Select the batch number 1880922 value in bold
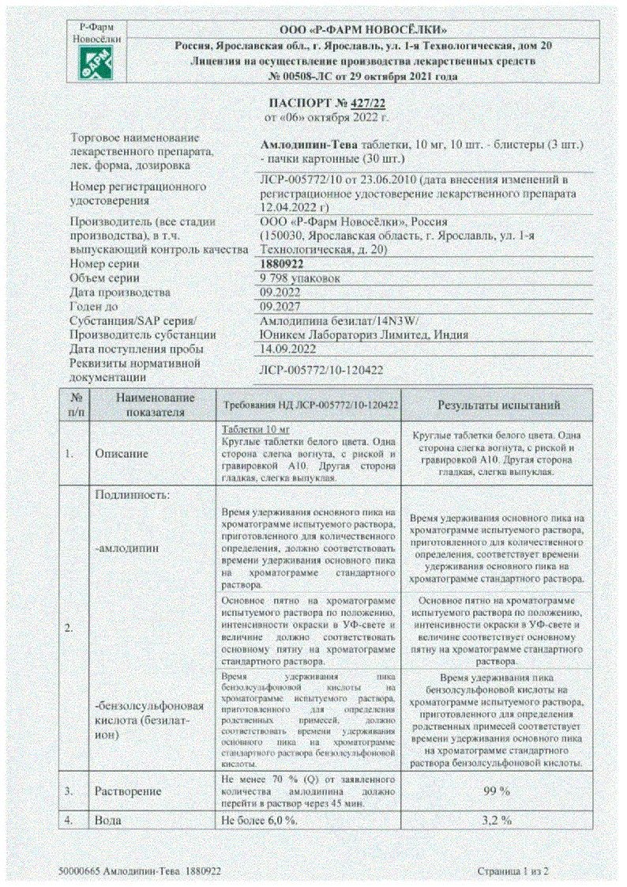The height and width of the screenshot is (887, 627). [x=282, y=264]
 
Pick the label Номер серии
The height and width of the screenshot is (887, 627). [x=105, y=264]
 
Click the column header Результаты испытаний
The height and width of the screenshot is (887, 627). [x=499, y=405]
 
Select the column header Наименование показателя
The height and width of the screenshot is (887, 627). [x=155, y=405]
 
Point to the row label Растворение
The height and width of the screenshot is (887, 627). [x=128, y=791]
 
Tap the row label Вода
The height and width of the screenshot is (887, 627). [x=108, y=819]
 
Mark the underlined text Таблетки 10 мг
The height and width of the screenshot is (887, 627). [x=249, y=426]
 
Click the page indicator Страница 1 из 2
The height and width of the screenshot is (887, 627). [x=512, y=871]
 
